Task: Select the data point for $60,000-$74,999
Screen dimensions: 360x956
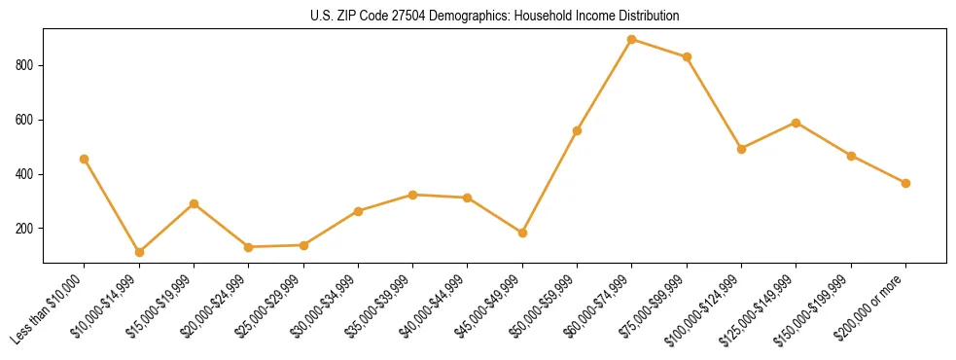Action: point(632,40)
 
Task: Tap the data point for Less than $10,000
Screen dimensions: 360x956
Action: point(85,159)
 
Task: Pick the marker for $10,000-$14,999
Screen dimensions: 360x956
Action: point(139,252)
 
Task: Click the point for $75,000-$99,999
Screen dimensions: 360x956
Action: point(687,56)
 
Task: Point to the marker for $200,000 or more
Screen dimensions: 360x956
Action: point(905,183)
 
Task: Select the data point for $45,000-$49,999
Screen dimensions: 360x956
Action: point(522,233)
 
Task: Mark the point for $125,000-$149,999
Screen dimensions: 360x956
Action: point(797,123)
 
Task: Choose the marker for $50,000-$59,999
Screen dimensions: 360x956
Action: point(577,130)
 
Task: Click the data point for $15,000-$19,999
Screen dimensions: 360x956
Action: point(195,203)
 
